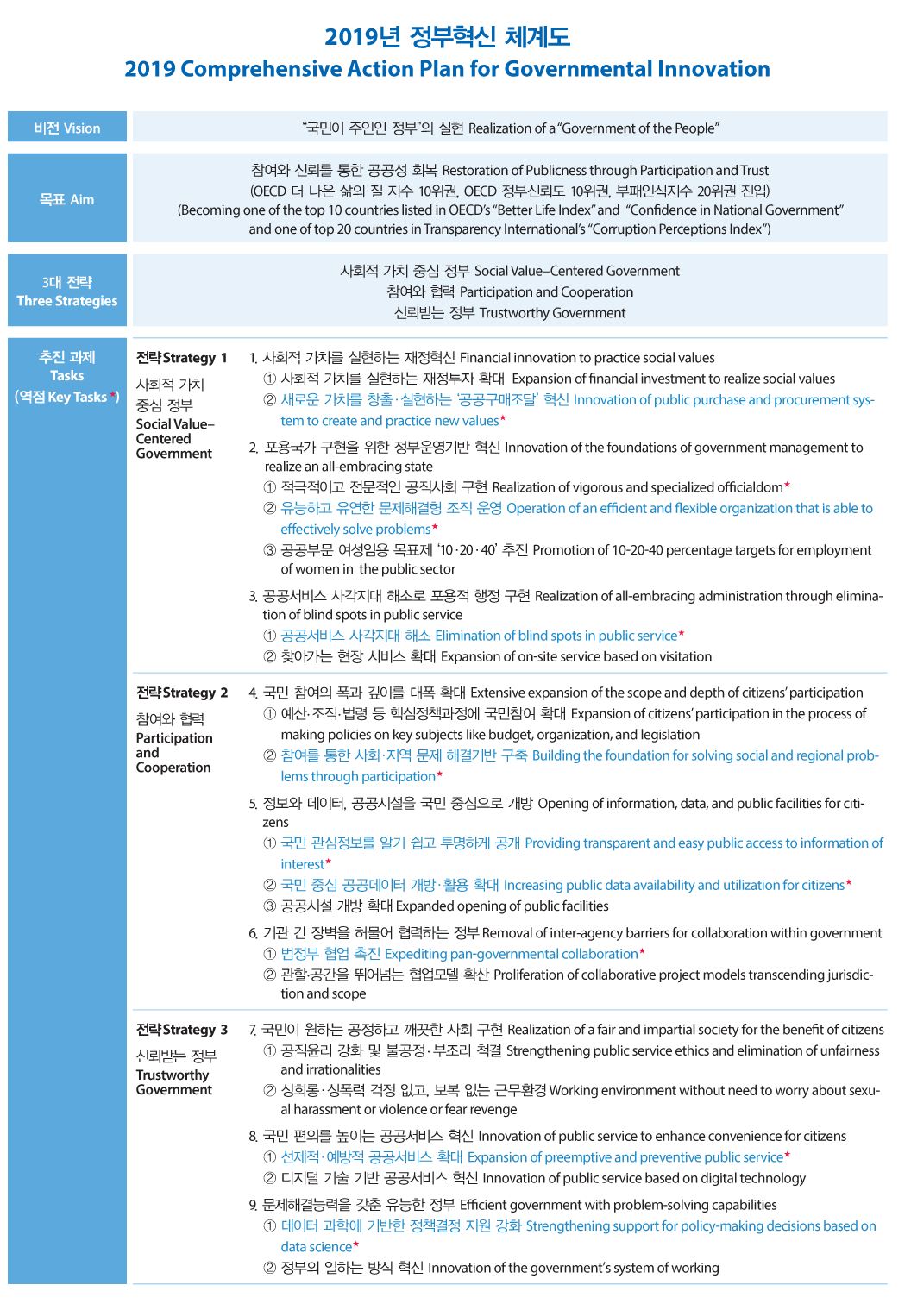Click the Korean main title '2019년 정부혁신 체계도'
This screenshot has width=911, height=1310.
[x=447, y=36]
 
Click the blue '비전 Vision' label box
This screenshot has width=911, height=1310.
[x=67, y=128]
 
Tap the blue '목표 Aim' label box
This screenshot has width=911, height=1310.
[x=67, y=199]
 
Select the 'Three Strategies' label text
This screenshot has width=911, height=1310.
[x=67, y=301]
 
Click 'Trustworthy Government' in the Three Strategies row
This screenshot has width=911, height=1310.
[x=552, y=313]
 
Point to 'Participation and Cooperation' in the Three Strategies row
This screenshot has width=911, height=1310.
[x=546, y=292]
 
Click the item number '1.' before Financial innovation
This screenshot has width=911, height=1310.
[x=254, y=358]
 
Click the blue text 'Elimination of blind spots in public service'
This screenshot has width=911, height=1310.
[x=556, y=636]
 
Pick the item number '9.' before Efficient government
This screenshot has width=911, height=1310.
[x=254, y=1205]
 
